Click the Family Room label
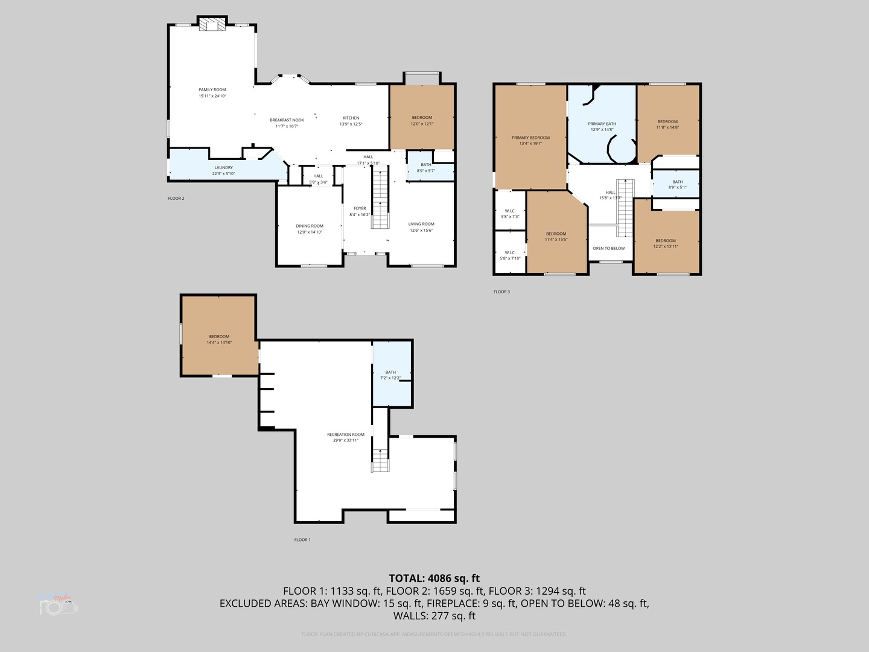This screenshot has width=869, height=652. (212, 90)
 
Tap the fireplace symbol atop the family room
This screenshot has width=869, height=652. (212, 24)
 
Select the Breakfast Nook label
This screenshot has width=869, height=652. (287, 120)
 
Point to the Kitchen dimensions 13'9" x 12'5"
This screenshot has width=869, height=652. (351, 124)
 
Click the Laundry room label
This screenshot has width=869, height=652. (223, 168)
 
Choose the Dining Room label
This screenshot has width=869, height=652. (310, 226)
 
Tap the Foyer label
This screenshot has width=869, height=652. (360, 209)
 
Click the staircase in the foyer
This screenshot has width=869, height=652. (380, 199)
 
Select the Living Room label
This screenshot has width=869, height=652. (421, 224)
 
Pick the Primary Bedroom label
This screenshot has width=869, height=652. (530, 138)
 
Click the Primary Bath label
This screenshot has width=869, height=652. (602, 124)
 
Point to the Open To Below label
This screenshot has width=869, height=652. (609, 249)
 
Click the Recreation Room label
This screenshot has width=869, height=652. (346, 435)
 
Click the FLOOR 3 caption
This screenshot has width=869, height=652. (501, 292)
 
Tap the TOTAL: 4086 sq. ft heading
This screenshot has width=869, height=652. (434, 578)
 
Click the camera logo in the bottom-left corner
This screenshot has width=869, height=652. (59, 605)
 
